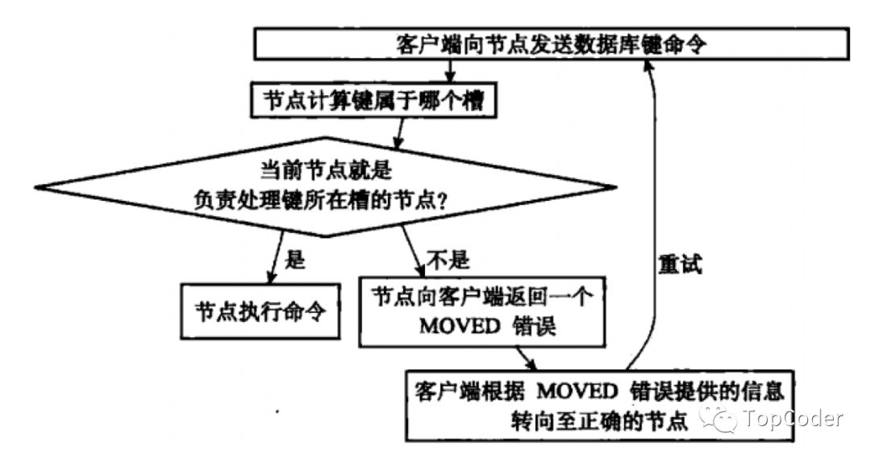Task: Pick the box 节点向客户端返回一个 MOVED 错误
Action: (482, 311)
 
